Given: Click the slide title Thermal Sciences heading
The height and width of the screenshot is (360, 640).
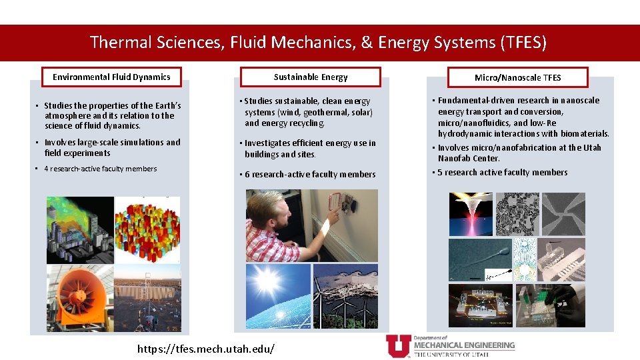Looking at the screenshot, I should coord(318,43).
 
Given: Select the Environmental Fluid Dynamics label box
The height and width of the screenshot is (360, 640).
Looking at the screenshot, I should coord(111,77).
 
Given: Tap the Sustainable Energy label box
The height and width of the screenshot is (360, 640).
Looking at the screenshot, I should coord(311,77).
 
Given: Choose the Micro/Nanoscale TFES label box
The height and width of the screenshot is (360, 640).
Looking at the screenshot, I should coord(517,77).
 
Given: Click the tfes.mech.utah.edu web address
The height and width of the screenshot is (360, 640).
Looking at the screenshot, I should coord(205,349).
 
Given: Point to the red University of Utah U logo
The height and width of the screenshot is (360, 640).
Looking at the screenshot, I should coord(398,346).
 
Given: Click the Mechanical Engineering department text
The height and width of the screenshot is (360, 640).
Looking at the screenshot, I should coord(464,345).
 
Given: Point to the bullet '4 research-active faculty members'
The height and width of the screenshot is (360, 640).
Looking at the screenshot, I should coord(100,169).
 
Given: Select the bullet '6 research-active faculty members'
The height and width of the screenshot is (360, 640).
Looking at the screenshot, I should coord(310,174).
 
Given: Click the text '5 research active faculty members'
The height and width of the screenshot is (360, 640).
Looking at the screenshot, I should coord(503,172).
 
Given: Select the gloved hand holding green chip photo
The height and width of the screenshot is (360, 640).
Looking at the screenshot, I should coord(562,305).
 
